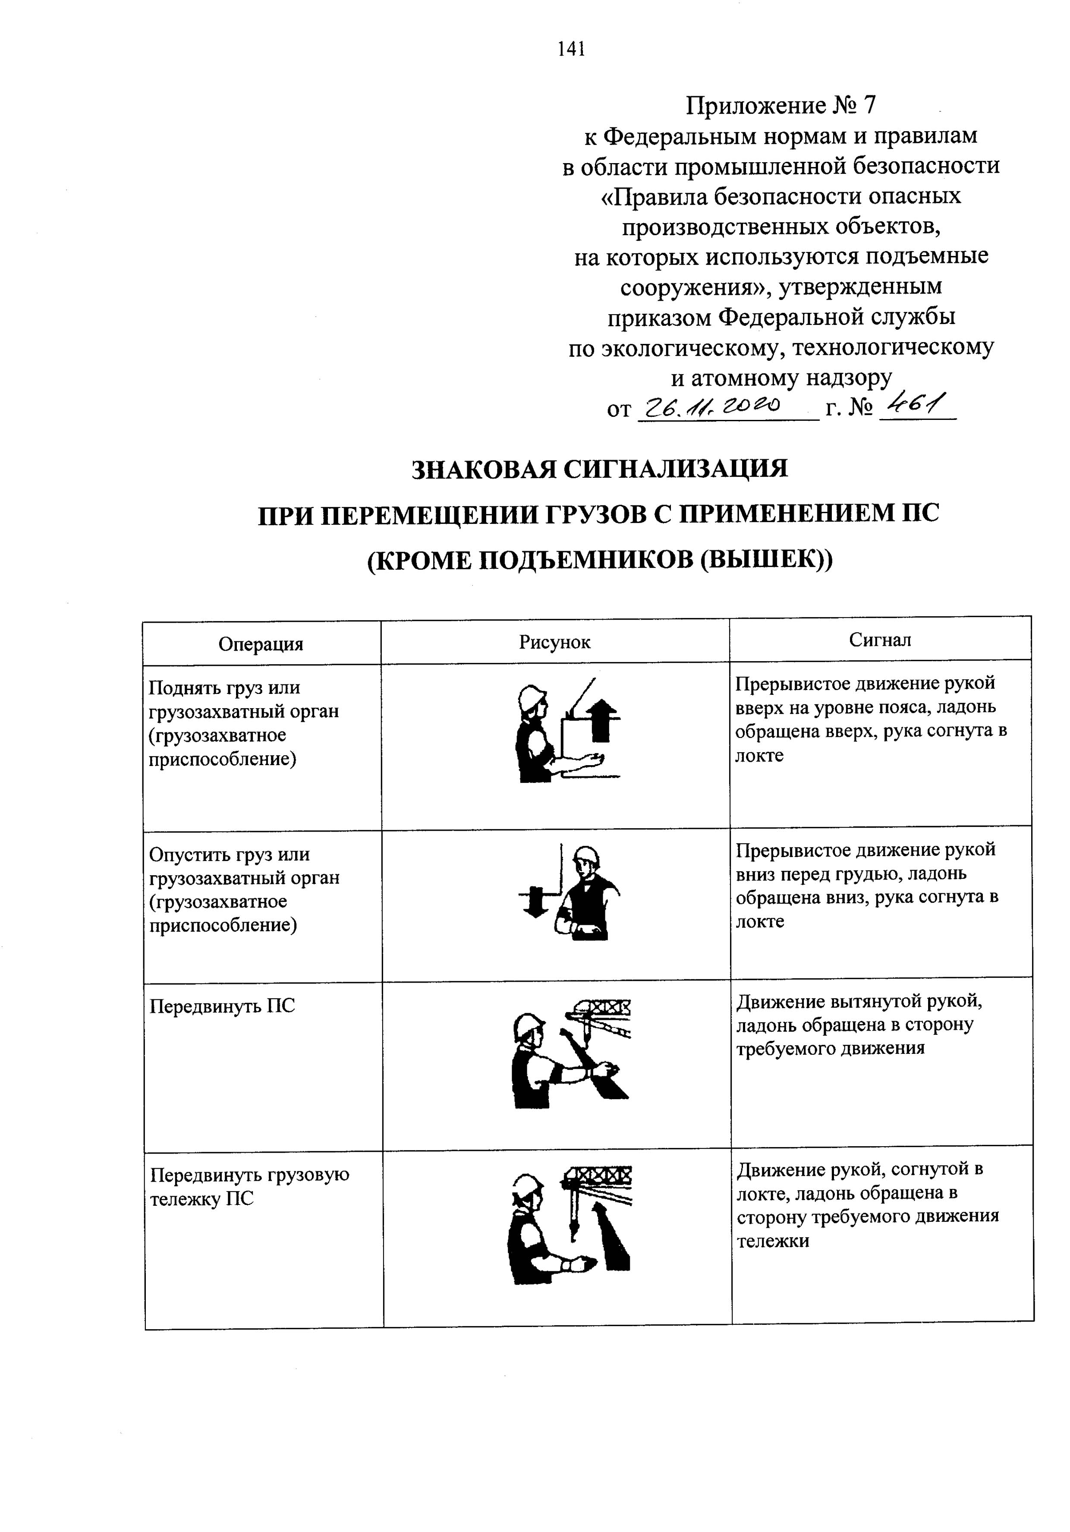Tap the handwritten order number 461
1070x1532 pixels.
coord(917,403)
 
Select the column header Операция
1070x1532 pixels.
coord(261,644)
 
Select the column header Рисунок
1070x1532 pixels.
coord(554,642)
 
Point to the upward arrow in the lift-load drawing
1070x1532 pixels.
coord(602,719)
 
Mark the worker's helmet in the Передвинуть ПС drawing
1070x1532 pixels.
coord(528,1028)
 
